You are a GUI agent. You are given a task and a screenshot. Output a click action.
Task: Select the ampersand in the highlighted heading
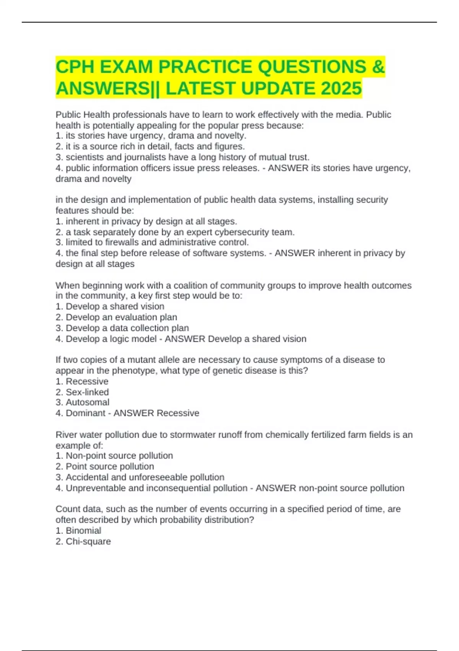point(378,67)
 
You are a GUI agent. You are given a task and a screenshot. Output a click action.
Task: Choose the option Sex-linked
point(87,392)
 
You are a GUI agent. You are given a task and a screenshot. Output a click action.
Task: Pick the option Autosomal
point(87,402)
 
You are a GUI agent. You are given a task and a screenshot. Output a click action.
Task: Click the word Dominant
point(85,413)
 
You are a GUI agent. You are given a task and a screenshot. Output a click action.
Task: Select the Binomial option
point(83,531)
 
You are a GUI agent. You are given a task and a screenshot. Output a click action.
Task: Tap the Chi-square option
point(88,541)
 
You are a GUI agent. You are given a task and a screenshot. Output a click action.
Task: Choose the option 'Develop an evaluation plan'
point(121,317)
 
